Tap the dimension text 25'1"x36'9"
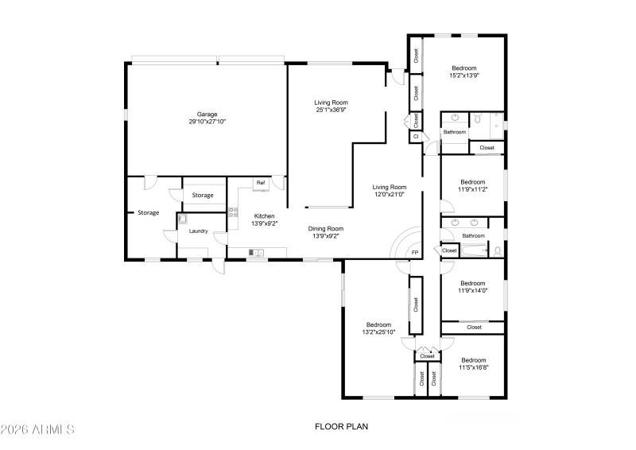pyautogui.click(x=331, y=110)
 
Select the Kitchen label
pyautogui.click(x=264, y=216)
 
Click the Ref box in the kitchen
pyautogui.click(x=260, y=183)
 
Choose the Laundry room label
pyautogui.click(x=198, y=231)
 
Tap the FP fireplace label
pyautogui.click(x=414, y=253)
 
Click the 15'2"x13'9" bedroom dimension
pyautogui.click(x=463, y=76)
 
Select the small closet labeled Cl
pyautogui.click(x=415, y=137)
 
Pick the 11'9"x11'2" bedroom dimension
pyautogui.click(x=472, y=189)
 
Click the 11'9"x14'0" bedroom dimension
pyautogui.click(x=472, y=290)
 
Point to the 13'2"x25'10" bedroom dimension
pyautogui.click(x=378, y=332)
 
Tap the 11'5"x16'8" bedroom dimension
pyautogui.click(x=473, y=367)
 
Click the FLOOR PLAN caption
pyautogui.click(x=341, y=427)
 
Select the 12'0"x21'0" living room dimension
pyautogui.click(x=390, y=194)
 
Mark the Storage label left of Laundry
pyautogui.click(x=149, y=212)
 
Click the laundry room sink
pyautogui.click(x=181, y=219)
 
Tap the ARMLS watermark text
pyautogui.click(x=37, y=429)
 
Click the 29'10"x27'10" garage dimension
pyautogui.click(x=207, y=122)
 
